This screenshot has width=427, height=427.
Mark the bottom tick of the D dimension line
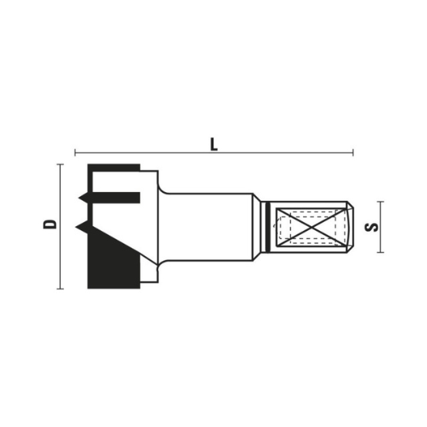pos(60,288)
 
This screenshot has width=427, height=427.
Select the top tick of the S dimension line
pos(382,202)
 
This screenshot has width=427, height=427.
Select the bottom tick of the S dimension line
pos(382,252)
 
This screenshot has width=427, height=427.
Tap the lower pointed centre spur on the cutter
pos(81,228)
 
